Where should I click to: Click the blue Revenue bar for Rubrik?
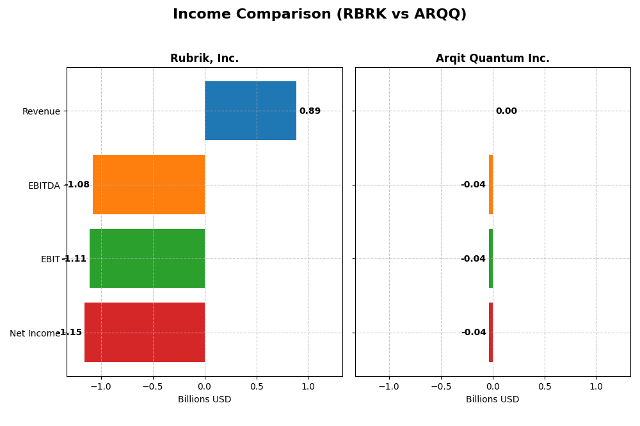(250, 111)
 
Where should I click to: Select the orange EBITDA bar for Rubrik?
(148, 185)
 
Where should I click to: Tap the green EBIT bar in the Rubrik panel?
(147, 258)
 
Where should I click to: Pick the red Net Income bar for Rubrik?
(145, 333)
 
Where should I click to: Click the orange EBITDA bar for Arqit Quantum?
(491, 185)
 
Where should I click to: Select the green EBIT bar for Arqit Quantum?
(491, 258)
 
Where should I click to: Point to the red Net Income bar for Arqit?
(491, 333)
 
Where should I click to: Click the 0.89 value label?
(310, 111)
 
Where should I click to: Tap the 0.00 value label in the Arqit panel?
(506, 111)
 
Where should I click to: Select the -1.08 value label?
(77, 185)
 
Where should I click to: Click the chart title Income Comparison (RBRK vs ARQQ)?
(319, 15)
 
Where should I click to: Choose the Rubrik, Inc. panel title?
(204, 59)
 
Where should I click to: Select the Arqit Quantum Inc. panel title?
(492, 59)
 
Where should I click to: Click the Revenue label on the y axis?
(41, 112)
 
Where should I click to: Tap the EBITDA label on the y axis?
(44, 186)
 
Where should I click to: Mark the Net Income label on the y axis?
(35, 334)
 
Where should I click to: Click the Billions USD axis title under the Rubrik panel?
(204, 400)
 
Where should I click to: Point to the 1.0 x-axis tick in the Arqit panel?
(596, 387)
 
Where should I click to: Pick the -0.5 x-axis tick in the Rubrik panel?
(152, 387)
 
